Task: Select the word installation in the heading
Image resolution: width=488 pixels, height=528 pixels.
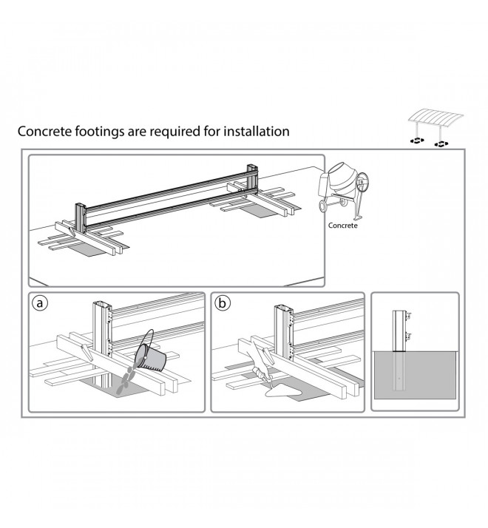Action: tap(257, 131)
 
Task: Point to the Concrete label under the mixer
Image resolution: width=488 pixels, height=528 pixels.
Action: tap(343, 226)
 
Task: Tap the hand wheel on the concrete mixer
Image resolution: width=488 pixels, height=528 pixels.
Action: tap(363, 183)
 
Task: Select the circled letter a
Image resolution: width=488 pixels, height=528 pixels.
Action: tap(40, 302)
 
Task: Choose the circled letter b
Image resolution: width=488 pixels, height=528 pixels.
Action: tap(223, 302)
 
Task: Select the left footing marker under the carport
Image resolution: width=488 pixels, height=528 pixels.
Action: tap(417, 141)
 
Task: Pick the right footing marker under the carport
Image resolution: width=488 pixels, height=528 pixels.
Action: tap(441, 144)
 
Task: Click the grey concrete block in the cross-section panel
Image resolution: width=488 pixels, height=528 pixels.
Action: tap(415, 375)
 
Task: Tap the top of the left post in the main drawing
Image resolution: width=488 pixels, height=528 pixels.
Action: tap(80, 205)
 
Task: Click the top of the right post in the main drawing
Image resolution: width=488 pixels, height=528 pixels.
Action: tap(252, 166)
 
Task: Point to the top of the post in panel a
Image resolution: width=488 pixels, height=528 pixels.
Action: tap(102, 304)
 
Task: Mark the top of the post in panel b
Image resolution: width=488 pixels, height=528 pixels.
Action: tap(284, 308)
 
